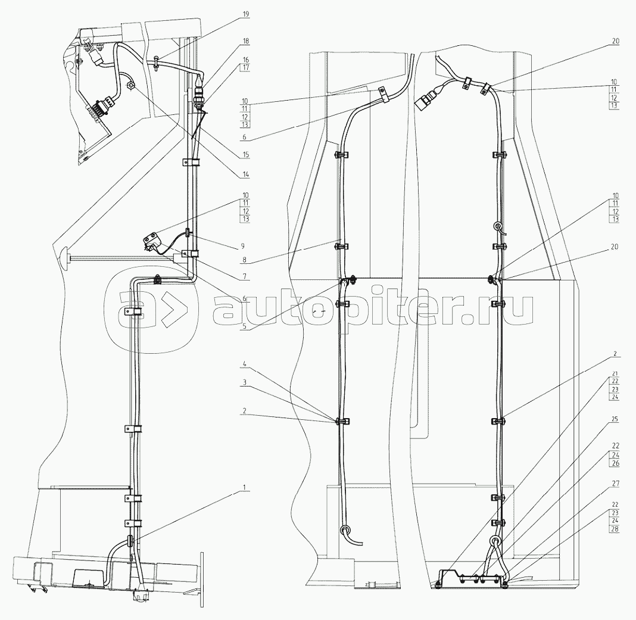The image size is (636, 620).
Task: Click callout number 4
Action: (x=244, y=363)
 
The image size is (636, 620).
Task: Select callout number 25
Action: (x=614, y=419)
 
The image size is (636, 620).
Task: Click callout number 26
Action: (x=614, y=462)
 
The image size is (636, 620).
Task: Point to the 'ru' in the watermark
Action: (x=516, y=310)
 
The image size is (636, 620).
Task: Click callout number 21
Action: (x=614, y=373)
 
